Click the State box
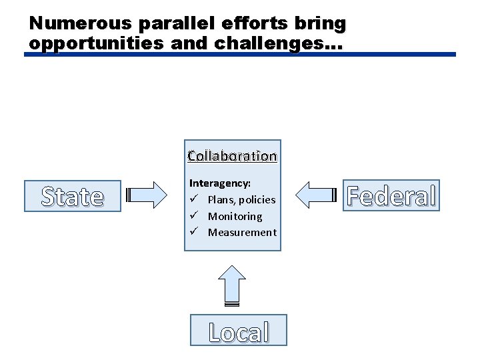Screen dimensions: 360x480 (x=73, y=196)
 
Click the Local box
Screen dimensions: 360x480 (x=238, y=331)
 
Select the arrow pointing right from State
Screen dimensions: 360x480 (x=148, y=195)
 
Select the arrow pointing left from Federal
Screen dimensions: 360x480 (x=315, y=195)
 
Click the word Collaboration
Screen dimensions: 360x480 (x=232, y=156)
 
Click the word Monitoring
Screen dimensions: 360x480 (x=235, y=216)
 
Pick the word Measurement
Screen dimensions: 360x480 (x=241, y=232)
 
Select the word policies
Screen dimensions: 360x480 (x=257, y=199)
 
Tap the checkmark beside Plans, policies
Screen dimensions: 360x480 (x=193, y=199)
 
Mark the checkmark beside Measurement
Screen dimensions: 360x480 (x=193, y=232)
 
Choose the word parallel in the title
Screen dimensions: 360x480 (x=171, y=23)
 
